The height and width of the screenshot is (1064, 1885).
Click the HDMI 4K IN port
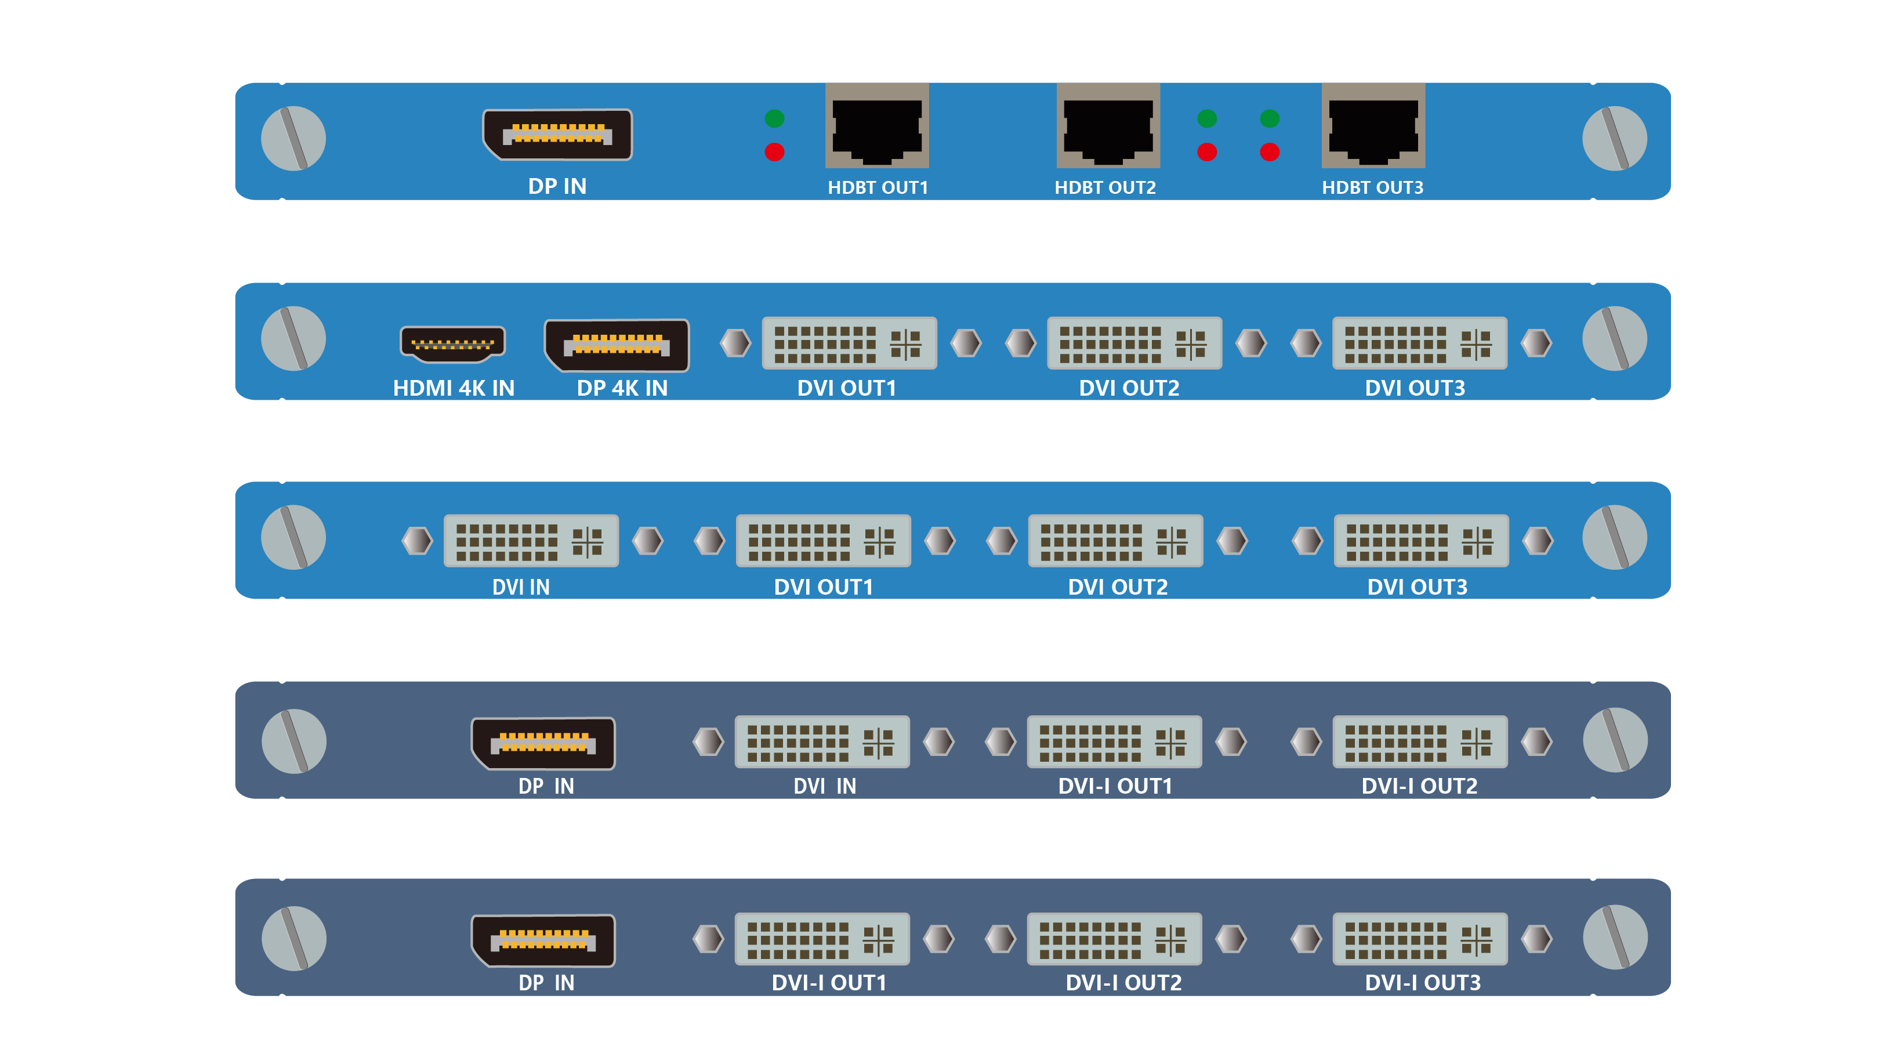click(x=452, y=343)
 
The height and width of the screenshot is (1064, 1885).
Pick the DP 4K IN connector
click(x=617, y=345)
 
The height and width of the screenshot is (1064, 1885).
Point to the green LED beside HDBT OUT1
click(x=774, y=118)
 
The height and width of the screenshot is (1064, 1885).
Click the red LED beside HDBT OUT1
click(x=774, y=152)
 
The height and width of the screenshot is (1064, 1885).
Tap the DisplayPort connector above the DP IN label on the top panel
click(x=557, y=134)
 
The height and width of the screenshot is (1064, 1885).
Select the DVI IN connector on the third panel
click(x=531, y=541)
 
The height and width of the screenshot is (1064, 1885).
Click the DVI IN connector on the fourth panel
click(x=822, y=741)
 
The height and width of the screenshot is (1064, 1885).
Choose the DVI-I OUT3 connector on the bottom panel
click(x=1420, y=939)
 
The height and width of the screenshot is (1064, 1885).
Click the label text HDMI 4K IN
click(x=454, y=388)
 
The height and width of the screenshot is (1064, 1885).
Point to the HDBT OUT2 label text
click(x=1105, y=187)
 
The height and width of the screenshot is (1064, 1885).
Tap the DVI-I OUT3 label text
click(x=1423, y=982)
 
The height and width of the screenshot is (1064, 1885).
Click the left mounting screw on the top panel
click(x=293, y=138)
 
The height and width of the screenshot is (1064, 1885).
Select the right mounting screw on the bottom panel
click(x=1615, y=938)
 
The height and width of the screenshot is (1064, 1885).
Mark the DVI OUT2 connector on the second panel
click(x=1134, y=343)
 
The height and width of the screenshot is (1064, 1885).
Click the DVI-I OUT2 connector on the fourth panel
click(x=1420, y=741)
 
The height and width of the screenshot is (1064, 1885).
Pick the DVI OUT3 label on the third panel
click(x=1417, y=587)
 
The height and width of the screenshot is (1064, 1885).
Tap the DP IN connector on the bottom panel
click(x=543, y=940)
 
